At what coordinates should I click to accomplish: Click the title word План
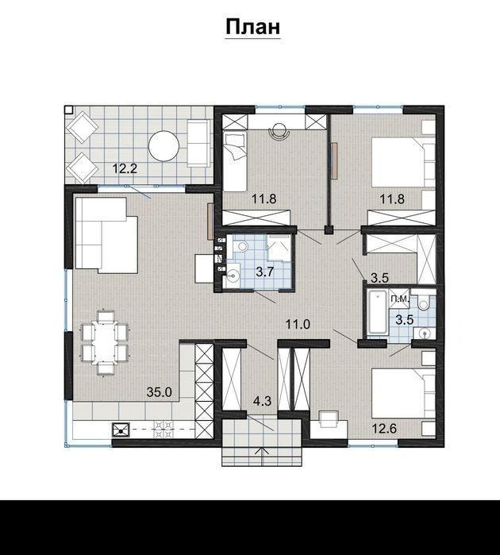(252, 27)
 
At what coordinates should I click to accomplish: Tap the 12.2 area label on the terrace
(125, 168)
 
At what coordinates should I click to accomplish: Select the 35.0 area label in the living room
(160, 391)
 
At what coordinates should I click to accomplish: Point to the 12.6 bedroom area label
(384, 428)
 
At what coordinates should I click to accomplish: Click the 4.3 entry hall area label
(262, 401)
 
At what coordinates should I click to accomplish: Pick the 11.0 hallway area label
(298, 324)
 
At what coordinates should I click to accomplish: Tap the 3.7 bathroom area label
(265, 272)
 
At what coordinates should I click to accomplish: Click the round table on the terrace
(163, 146)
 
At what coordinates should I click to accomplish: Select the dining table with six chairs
(106, 342)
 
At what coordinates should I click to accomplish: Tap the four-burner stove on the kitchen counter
(163, 429)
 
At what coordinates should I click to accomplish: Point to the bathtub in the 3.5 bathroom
(377, 312)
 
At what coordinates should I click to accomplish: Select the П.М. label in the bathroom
(400, 299)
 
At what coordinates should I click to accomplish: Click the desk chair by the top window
(280, 131)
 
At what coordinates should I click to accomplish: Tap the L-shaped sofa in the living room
(106, 235)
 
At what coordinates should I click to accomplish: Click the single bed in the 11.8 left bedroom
(235, 161)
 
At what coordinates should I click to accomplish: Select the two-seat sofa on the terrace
(198, 143)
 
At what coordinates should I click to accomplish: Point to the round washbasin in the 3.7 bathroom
(233, 274)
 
